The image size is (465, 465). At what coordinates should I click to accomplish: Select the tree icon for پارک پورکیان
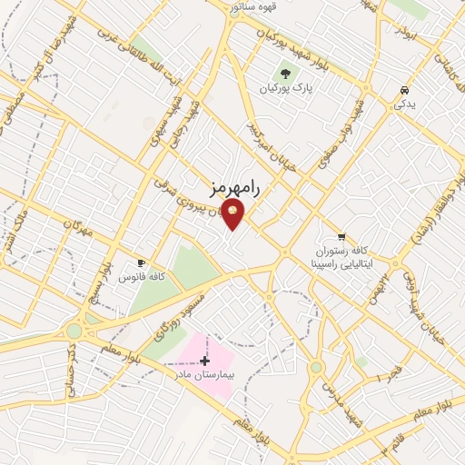click(287, 74)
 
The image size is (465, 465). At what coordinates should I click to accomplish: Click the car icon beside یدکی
click(403, 91)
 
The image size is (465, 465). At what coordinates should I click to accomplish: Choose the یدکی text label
click(403, 104)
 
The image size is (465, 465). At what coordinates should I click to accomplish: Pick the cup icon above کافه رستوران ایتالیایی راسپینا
click(341, 235)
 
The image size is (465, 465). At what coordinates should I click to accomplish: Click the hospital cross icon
click(204, 361)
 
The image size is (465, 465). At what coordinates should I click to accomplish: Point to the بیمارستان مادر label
click(203, 374)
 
